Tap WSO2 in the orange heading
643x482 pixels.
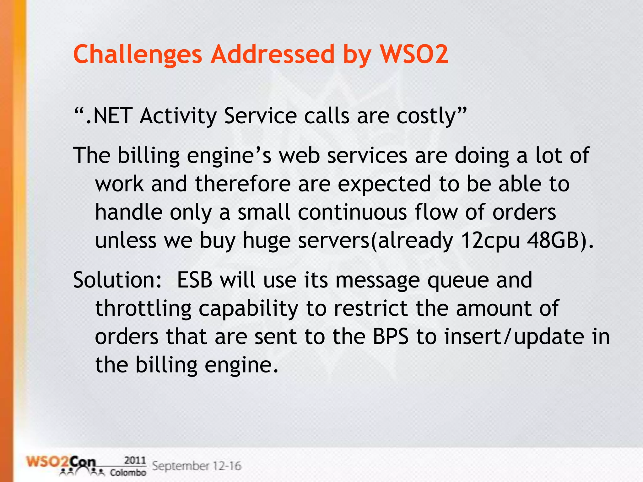click(414, 54)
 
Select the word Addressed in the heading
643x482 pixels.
click(273, 54)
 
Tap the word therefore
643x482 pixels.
click(243, 184)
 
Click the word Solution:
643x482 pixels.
click(117, 280)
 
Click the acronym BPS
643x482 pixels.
click(391, 337)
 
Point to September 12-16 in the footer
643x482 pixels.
click(197, 466)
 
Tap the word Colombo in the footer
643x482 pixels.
click(128, 473)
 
